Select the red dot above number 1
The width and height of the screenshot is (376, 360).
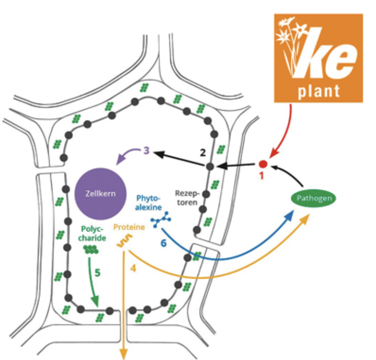(x=263, y=164)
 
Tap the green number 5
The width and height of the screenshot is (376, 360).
(x=98, y=271)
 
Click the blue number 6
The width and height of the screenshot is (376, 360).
(x=164, y=243)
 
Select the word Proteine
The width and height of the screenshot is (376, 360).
(x=129, y=227)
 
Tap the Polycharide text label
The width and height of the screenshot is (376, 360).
(x=92, y=233)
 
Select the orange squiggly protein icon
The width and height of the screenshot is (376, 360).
(x=123, y=241)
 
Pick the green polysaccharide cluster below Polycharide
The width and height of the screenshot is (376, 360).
(x=91, y=249)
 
